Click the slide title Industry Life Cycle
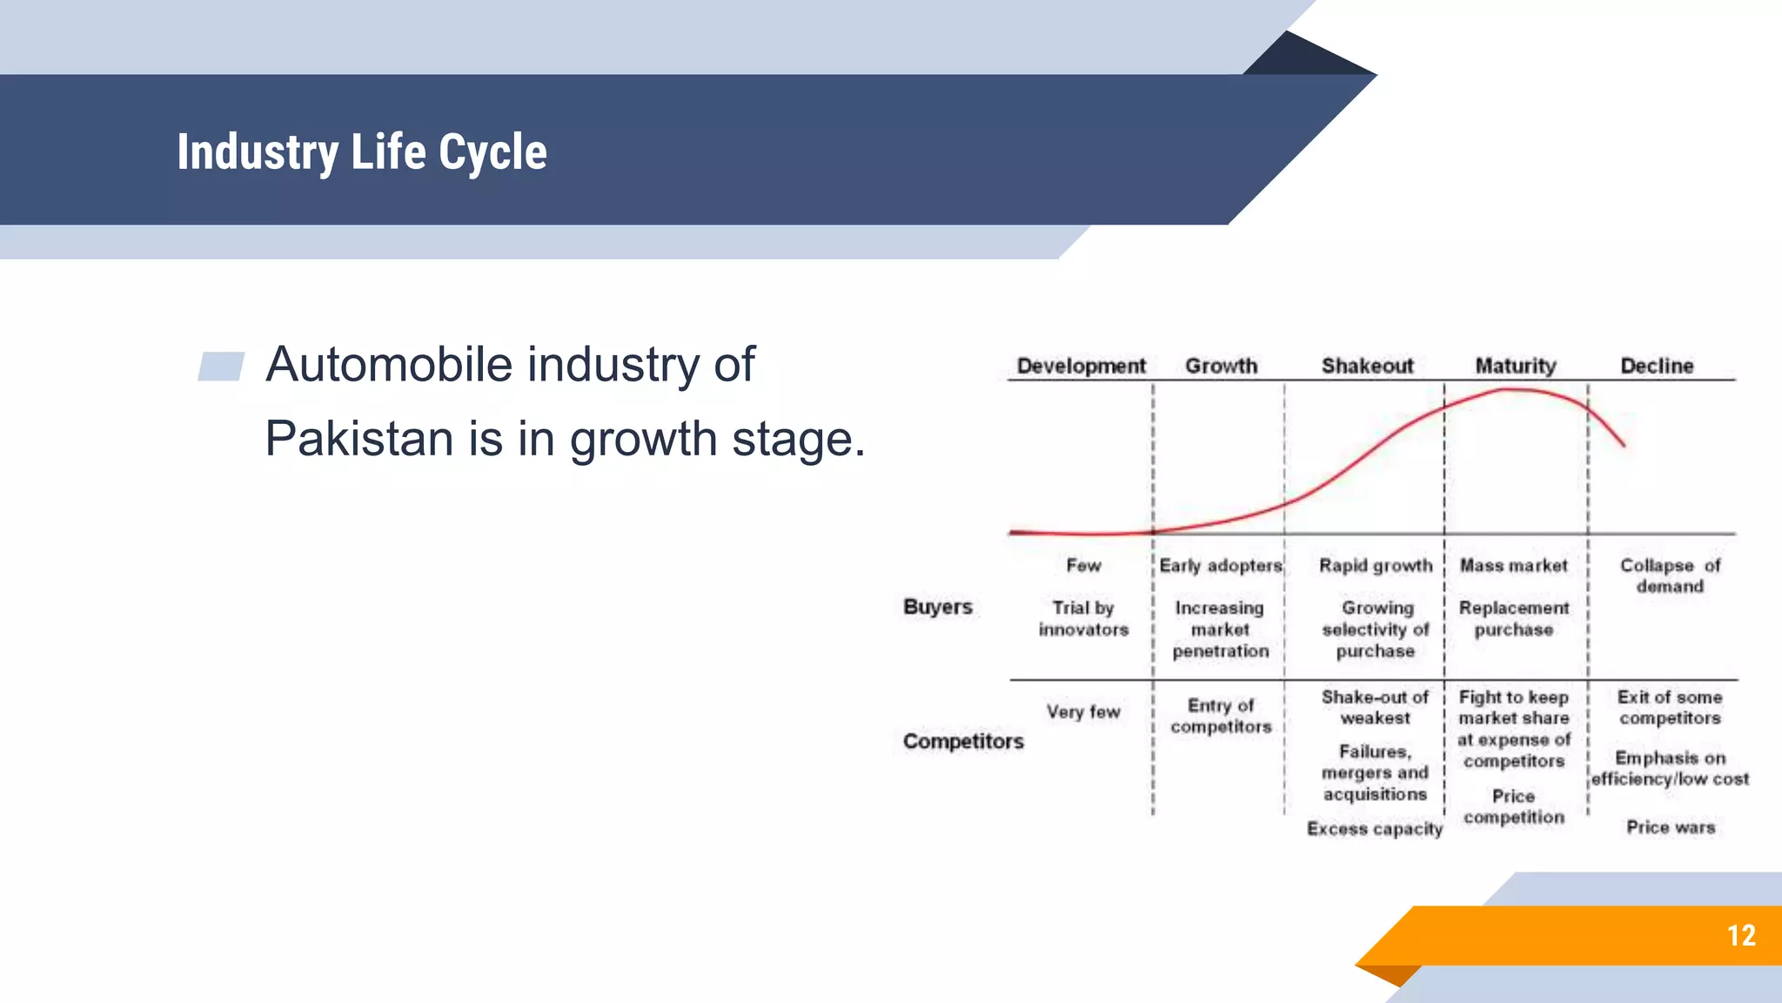tap(362, 152)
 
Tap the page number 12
tap(1741, 936)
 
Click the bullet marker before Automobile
tap(221, 367)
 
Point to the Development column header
tap(1081, 366)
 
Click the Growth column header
tap(1221, 366)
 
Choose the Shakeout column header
tap(1367, 366)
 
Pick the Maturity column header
tap(1515, 366)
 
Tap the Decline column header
tap(1657, 366)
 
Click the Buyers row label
tap(937, 607)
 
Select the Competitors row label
tap(963, 741)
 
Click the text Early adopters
tap(1220, 566)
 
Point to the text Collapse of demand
tap(1670, 576)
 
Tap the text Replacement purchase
tap(1514, 618)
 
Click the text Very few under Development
tap(1083, 711)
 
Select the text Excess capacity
tap(1374, 829)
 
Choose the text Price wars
tap(1671, 827)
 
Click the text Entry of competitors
tap(1221, 716)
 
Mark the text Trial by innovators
tap(1083, 618)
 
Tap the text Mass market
tap(1513, 566)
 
